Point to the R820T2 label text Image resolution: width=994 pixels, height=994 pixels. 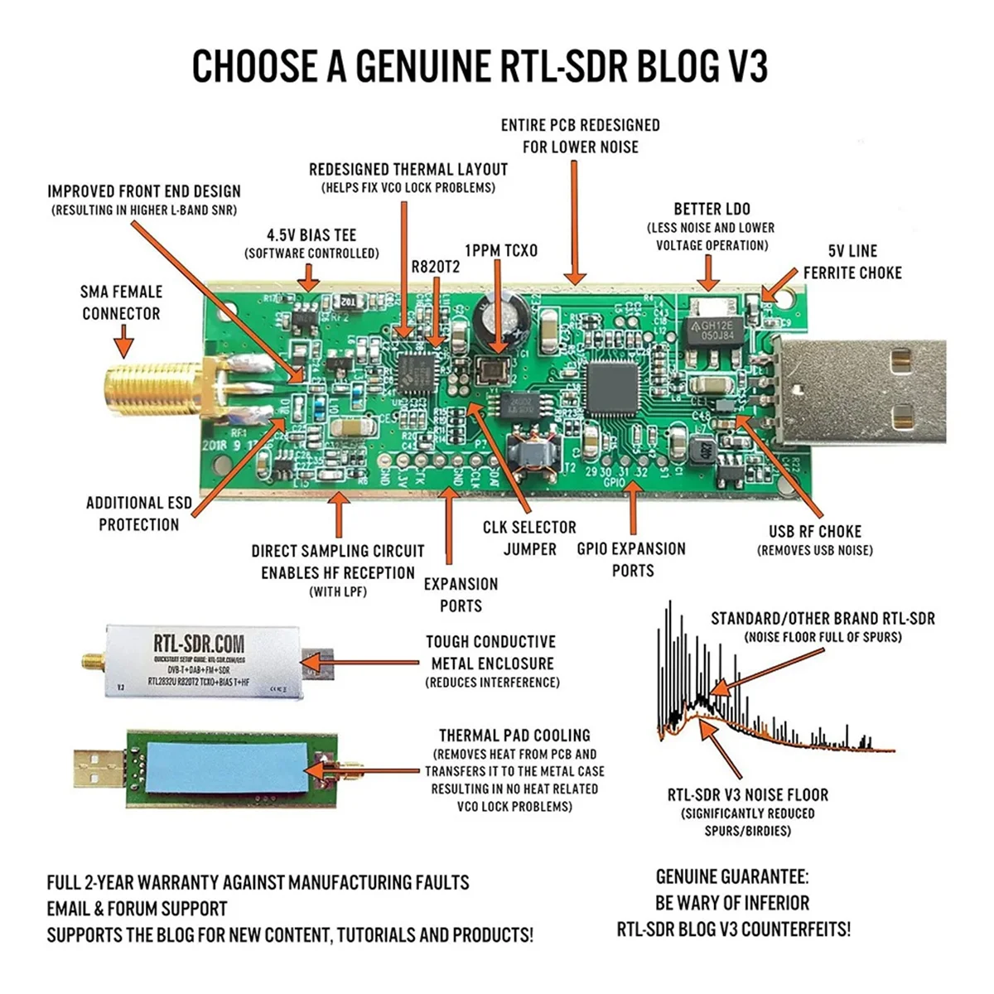click(435, 267)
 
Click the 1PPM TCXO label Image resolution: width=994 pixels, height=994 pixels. click(500, 250)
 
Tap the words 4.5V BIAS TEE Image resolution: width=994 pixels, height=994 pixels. click(311, 235)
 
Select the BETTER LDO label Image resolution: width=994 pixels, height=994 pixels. click(712, 209)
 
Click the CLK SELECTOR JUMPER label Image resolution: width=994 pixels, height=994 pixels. click(529, 538)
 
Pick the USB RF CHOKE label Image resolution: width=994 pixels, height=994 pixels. click(815, 531)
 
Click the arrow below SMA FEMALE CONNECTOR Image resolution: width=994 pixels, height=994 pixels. click(124, 340)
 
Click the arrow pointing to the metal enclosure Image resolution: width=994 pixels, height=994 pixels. click(373, 663)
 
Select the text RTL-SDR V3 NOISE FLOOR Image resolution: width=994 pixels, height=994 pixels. click(748, 794)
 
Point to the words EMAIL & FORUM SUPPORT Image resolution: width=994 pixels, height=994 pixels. click(137, 909)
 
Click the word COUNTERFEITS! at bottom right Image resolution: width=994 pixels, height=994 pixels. click(795, 929)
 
